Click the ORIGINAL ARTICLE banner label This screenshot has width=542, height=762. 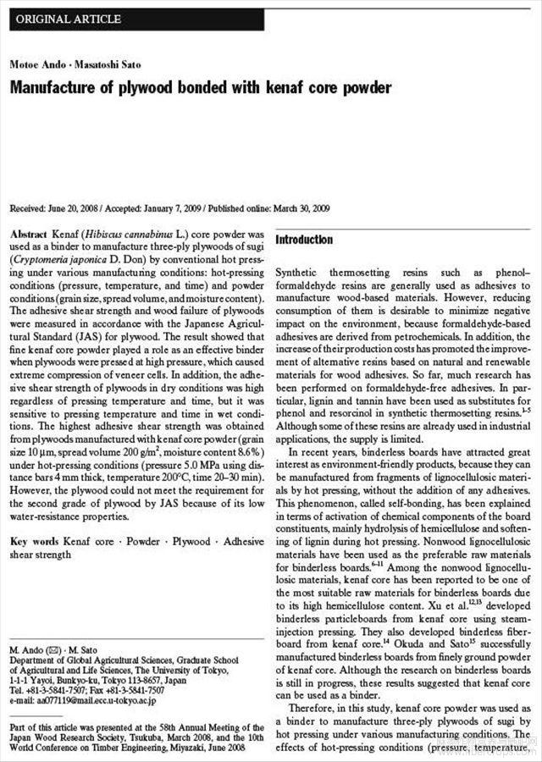69,19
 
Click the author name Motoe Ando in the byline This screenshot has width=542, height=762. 33,65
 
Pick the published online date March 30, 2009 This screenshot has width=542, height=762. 301,208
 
